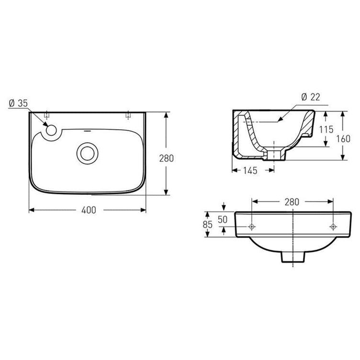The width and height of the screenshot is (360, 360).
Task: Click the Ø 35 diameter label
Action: click(18, 103)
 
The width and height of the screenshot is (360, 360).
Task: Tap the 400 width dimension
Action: click(89, 210)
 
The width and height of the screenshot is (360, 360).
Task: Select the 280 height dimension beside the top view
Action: click(167, 158)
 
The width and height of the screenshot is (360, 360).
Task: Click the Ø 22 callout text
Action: click(311, 97)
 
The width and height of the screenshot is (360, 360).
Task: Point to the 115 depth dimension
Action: click(326, 129)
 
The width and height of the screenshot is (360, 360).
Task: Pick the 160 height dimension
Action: click(343, 139)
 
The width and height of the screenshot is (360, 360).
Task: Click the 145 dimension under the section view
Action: click(250, 170)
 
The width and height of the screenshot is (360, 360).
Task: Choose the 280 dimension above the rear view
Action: click(292, 202)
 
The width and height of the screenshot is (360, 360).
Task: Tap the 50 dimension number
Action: click(223, 220)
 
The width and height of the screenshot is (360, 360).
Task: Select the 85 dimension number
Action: click(208, 225)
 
